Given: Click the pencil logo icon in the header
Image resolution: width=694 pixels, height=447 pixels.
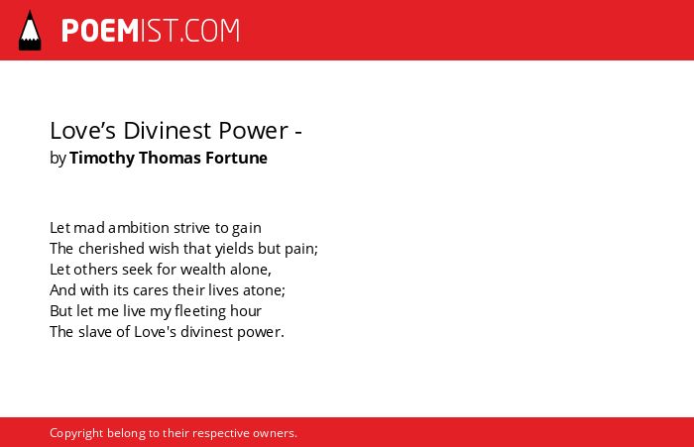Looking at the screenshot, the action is tap(30, 30).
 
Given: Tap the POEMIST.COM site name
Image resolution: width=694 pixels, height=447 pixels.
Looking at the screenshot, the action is tap(151, 31).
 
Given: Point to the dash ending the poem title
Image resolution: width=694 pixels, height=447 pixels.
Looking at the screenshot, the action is tap(297, 132).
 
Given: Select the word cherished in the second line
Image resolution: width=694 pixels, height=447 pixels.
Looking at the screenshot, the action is tap(111, 249).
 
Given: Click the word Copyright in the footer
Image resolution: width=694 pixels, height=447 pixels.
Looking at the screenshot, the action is tap(76, 434).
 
